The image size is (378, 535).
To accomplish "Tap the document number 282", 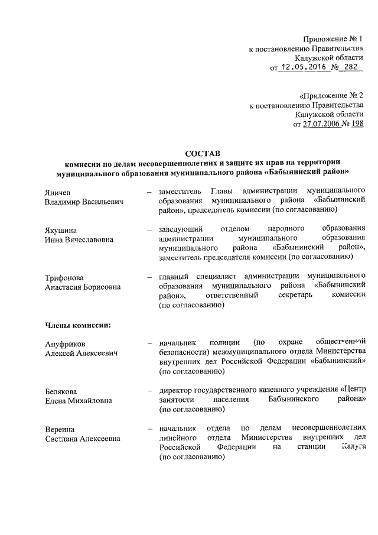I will point(349,68).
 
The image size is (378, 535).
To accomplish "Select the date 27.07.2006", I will point(322,124).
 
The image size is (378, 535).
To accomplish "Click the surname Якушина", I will point(61,229).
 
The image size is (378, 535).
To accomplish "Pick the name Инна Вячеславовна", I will point(80,239).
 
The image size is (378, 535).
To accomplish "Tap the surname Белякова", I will point(63,391).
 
